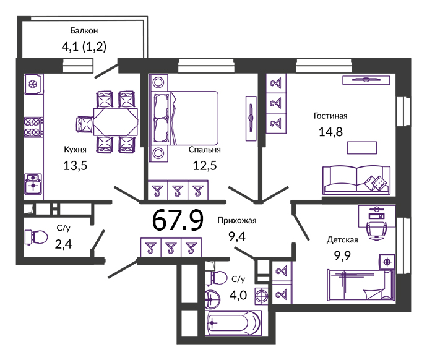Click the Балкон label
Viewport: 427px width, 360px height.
(x=84, y=31)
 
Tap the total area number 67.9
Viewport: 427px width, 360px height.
(x=178, y=220)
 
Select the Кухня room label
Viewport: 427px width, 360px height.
(x=75, y=150)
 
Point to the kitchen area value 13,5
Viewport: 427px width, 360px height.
(x=75, y=165)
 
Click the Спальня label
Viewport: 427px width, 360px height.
(x=204, y=150)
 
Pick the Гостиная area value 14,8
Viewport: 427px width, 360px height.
(x=330, y=132)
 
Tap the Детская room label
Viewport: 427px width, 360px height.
(x=342, y=240)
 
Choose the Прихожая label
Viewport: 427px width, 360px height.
(x=237, y=221)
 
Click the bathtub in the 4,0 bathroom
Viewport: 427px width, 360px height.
(x=234, y=323)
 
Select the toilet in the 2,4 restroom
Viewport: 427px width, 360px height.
(x=37, y=238)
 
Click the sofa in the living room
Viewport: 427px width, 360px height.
(x=356, y=180)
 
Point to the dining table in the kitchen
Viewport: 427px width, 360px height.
(x=116, y=122)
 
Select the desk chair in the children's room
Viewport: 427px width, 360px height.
(x=377, y=230)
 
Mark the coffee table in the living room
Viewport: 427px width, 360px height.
(x=362, y=148)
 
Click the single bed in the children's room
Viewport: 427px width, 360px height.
(x=361, y=285)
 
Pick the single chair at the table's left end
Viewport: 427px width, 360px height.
(x=85, y=124)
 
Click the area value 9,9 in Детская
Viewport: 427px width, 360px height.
(x=342, y=256)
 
